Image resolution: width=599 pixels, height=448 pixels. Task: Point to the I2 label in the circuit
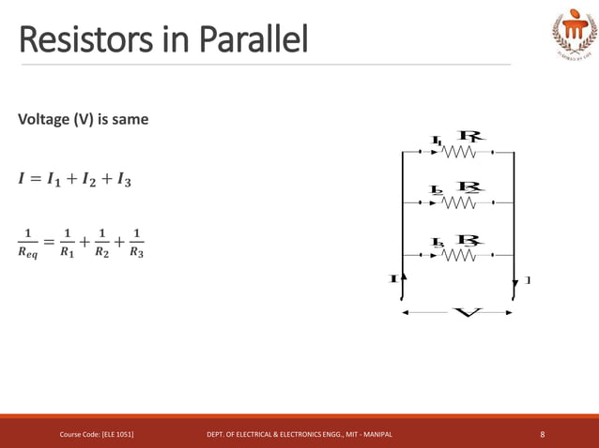[x=437, y=190]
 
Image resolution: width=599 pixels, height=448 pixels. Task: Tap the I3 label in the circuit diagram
[x=438, y=243]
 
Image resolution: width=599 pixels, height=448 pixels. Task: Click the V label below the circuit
[x=467, y=312]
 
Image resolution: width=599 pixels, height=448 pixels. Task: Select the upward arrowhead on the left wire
[x=403, y=277]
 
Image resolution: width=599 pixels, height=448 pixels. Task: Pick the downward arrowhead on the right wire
[x=515, y=283]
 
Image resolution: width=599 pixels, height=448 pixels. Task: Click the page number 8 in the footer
[x=543, y=434]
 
